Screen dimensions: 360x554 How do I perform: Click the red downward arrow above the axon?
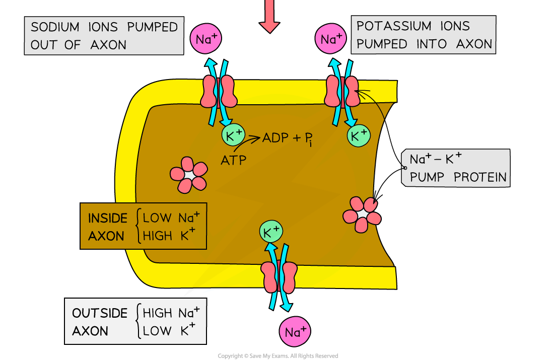pos(269,18)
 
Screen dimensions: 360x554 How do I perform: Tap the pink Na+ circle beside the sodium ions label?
pos(205,39)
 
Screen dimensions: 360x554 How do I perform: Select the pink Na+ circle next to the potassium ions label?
pos(331,39)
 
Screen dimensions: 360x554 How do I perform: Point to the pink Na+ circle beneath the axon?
pos(295,332)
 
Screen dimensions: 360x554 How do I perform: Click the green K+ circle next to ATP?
pos(234,135)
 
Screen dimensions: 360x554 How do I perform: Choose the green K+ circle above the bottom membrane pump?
pos(271,232)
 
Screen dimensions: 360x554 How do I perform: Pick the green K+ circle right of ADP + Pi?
pos(358,135)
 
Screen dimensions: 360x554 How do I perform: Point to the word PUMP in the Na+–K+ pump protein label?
pos(429,178)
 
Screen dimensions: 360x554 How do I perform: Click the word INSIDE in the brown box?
pos(108,218)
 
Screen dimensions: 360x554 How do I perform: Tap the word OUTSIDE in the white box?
pos(100,313)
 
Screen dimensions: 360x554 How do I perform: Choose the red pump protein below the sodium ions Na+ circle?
pos(219,92)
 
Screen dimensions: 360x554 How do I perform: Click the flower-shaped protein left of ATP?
pos(188,174)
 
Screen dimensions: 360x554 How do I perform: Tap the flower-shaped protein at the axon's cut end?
pos(362,214)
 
